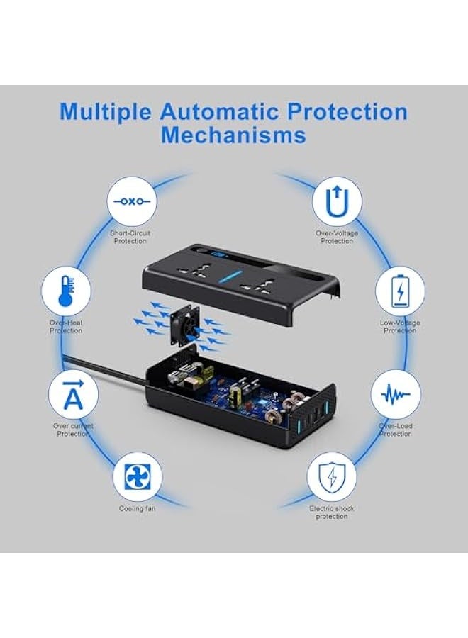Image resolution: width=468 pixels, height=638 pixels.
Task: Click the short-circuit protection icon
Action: pos(130,201)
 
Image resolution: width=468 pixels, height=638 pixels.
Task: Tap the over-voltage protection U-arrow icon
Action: pos(337,201)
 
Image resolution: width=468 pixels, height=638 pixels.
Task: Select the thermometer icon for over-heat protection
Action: pos(66,291)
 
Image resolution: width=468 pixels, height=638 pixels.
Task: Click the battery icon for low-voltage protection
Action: pos(399,291)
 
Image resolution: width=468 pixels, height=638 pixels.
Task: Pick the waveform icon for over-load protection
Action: pos(396,394)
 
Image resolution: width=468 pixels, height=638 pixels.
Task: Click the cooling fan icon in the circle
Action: pos(138,476)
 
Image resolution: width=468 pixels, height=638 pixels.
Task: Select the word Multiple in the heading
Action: pos(105,111)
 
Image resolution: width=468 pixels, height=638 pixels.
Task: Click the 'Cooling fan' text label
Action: pos(138,508)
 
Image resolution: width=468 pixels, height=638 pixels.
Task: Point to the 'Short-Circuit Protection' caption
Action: pos(130,237)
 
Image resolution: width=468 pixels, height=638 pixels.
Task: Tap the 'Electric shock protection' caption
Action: pos(332,513)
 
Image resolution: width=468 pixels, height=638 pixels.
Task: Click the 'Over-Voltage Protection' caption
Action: pos(337,237)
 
